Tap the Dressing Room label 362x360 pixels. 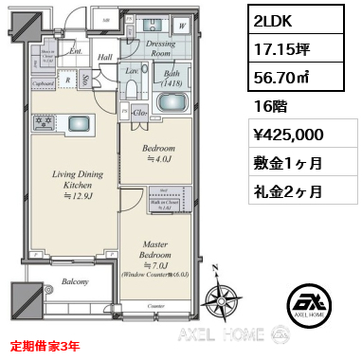(166, 47)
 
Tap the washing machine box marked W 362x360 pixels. (207, 27)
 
